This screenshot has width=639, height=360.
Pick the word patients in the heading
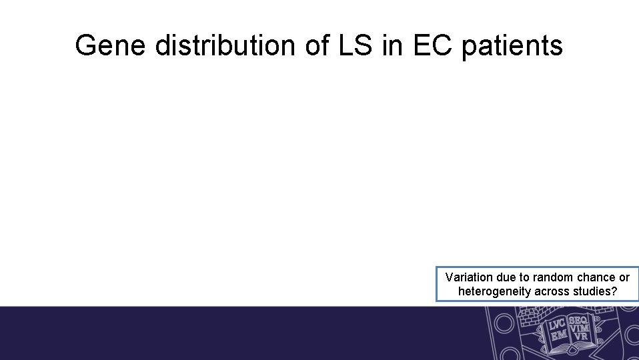(512, 47)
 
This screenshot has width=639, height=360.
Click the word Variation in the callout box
(468, 277)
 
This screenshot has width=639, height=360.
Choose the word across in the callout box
(551, 291)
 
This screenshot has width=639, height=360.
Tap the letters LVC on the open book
(558, 323)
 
